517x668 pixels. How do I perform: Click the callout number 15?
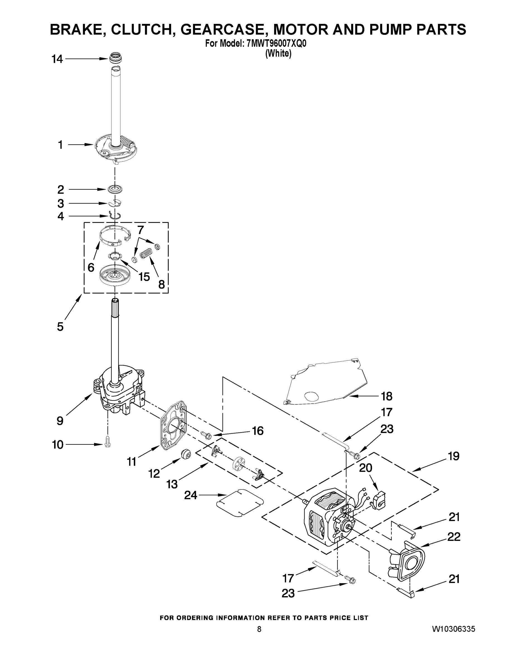click(144, 277)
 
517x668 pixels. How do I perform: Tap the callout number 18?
click(387, 396)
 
